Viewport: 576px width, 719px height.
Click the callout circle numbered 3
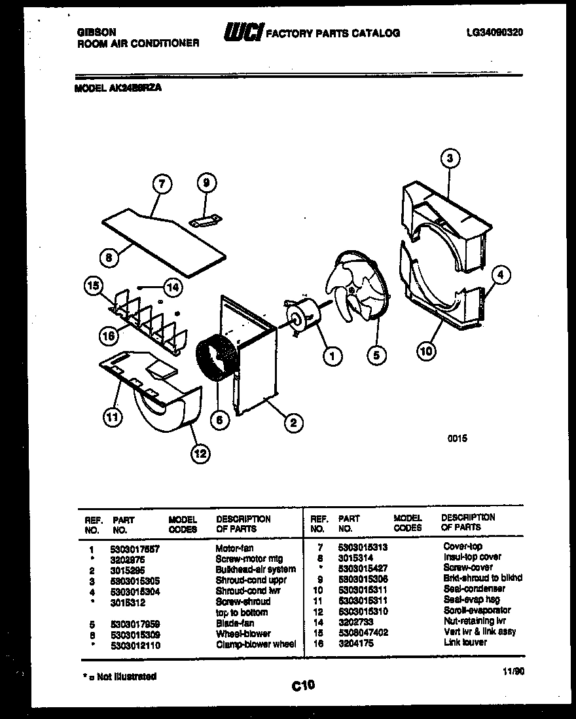coord(449,158)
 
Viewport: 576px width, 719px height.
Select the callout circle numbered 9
coord(206,184)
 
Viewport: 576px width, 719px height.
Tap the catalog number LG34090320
coord(495,33)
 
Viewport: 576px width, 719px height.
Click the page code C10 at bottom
coord(303,686)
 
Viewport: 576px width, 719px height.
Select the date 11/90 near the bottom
coord(514,671)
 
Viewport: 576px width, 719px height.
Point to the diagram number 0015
coord(458,439)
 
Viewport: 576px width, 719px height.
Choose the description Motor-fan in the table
coord(234,548)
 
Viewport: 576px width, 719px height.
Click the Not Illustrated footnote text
coord(120,676)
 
